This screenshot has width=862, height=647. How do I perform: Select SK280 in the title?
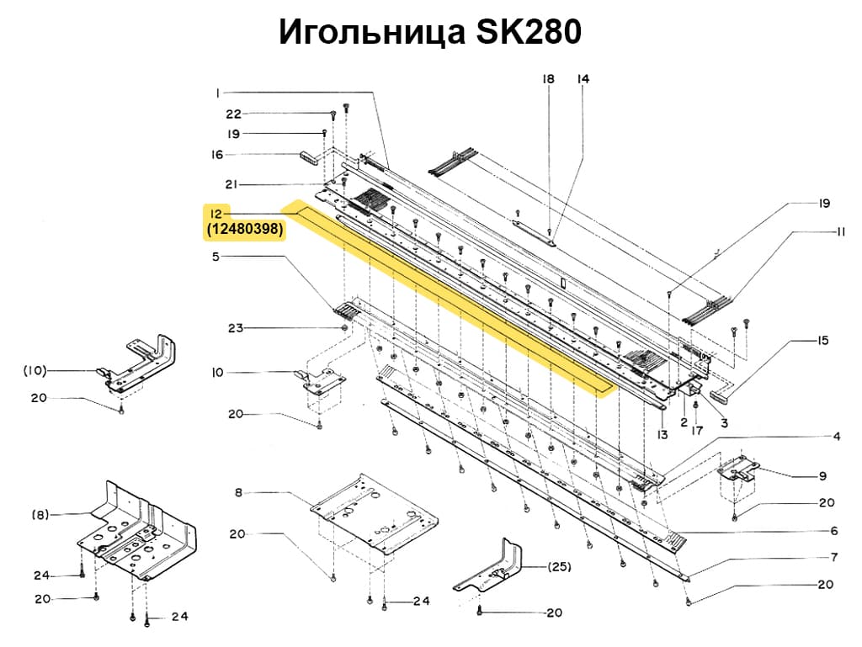[529, 32]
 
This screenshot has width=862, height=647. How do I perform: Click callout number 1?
[216, 92]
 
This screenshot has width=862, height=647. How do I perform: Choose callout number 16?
[217, 155]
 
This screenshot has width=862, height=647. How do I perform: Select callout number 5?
[215, 257]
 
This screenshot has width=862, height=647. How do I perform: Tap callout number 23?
[235, 327]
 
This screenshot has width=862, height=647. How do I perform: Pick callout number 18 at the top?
[548, 79]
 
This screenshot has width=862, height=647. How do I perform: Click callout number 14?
[583, 79]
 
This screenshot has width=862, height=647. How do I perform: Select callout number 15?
[822, 341]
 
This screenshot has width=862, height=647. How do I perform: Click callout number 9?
[822, 476]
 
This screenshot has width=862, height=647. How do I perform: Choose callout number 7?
[833, 557]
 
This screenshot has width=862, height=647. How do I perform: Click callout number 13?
[662, 435]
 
